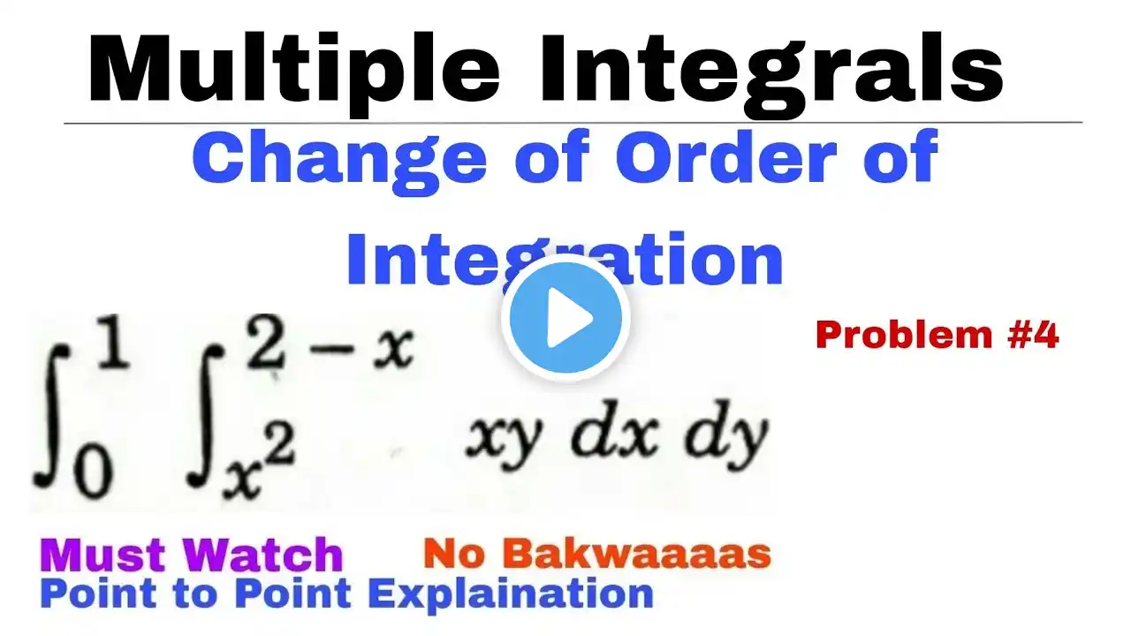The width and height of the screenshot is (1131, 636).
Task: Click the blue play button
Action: pos(565,318)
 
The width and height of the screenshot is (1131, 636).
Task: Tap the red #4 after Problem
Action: pos(1034,335)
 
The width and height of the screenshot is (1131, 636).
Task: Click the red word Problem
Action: pos(904,335)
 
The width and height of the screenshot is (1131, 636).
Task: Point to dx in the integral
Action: pos(614,433)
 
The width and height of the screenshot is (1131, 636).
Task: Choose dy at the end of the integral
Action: pos(726,436)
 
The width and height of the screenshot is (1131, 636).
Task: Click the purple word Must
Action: pos(103,555)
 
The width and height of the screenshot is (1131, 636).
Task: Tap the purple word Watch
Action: pos(263,554)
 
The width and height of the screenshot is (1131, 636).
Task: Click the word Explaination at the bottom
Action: pos(511,595)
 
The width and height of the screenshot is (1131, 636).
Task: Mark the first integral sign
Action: pos(52,415)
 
